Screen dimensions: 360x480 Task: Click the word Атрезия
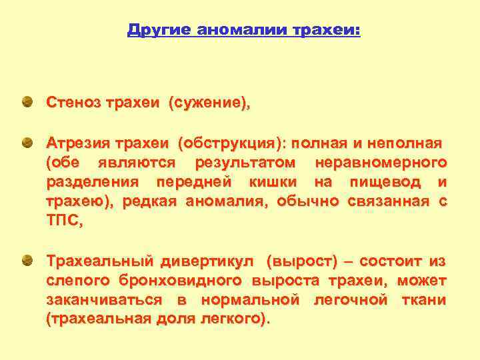coord(77,143)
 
